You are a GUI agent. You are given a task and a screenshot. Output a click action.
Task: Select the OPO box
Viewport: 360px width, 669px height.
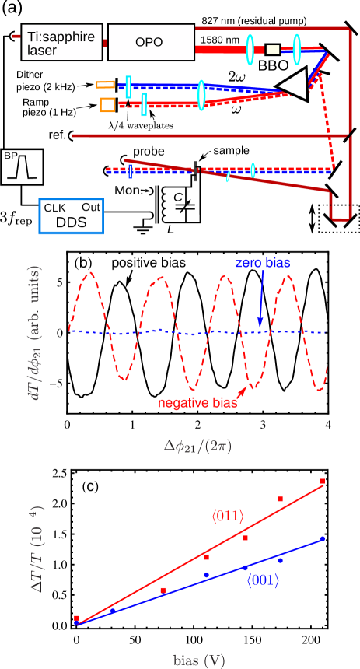[x=149, y=42]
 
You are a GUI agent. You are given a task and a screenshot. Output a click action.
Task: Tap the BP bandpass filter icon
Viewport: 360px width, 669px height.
[x=22, y=166]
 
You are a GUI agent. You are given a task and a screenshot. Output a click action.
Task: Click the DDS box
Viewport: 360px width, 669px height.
[x=71, y=216]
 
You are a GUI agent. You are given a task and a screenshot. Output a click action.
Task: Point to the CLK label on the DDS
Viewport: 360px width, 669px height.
[x=55, y=208]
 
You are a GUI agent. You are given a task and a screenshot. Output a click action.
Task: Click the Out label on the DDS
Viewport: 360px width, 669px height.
[x=90, y=208]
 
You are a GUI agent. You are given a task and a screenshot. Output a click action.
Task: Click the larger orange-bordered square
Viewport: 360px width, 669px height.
[x=107, y=104]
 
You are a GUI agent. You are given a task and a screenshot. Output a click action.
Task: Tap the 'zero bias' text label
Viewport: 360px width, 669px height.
[x=263, y=263]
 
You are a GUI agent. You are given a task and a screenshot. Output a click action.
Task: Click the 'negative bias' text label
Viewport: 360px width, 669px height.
[x=197, y=403]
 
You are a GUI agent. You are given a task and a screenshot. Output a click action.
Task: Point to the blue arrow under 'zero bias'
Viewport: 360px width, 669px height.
[x=260, y=299]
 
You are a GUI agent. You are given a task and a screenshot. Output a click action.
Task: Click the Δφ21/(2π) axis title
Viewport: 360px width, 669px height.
[x=197, y=447]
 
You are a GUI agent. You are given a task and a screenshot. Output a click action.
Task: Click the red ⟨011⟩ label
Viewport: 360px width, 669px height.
[x=228, y=515]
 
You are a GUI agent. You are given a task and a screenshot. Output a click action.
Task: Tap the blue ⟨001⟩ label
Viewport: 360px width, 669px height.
[x=263, y=580]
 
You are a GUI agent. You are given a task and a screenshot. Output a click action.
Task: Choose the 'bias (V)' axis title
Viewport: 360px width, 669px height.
[x=199, y=660]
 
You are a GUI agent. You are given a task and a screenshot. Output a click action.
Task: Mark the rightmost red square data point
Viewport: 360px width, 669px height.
[x=323, y=482]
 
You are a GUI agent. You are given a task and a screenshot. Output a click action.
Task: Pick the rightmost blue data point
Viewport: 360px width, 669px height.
[x=322, y=538]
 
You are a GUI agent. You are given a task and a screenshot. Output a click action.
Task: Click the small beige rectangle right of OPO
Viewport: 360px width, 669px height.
[x=272, y=50]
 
